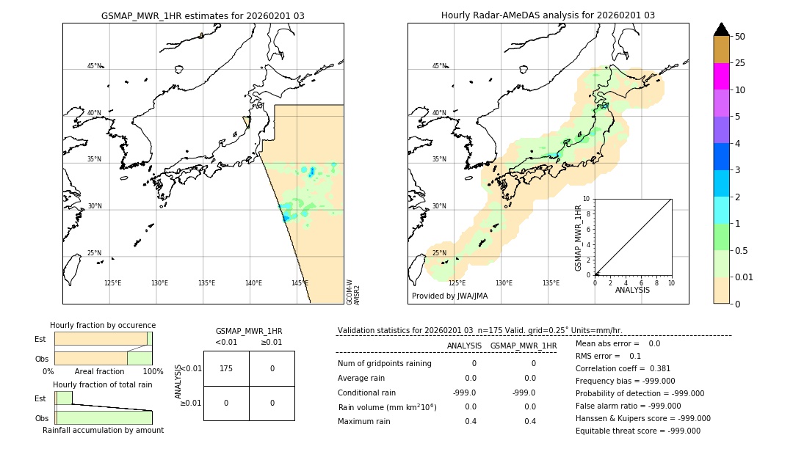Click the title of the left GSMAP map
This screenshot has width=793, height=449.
[203, 15]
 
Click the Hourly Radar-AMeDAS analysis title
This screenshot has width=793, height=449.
[548, 15]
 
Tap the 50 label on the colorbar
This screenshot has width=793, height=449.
[740, 37]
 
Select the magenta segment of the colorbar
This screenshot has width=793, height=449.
[722, 76]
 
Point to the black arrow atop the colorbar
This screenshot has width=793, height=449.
[722, 29]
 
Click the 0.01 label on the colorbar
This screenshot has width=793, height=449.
[745, 277]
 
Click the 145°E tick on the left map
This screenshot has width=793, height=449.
[300, 283]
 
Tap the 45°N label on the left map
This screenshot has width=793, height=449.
[94, 66]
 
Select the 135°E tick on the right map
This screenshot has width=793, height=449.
[551, 283]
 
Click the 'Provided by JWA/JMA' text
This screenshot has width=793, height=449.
[449, 296]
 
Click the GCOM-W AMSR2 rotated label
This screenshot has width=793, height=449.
[353, 291]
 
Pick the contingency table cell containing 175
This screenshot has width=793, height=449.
[226, 368]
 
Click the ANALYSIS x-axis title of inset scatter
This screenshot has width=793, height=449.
[632, 290]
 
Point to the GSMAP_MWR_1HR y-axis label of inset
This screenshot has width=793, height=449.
[578, 238]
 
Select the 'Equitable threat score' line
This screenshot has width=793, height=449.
[637, 431]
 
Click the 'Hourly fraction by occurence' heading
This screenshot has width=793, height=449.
[103, 325]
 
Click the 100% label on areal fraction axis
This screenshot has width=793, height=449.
[153, 372]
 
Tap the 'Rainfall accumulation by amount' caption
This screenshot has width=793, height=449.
[103, 430]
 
